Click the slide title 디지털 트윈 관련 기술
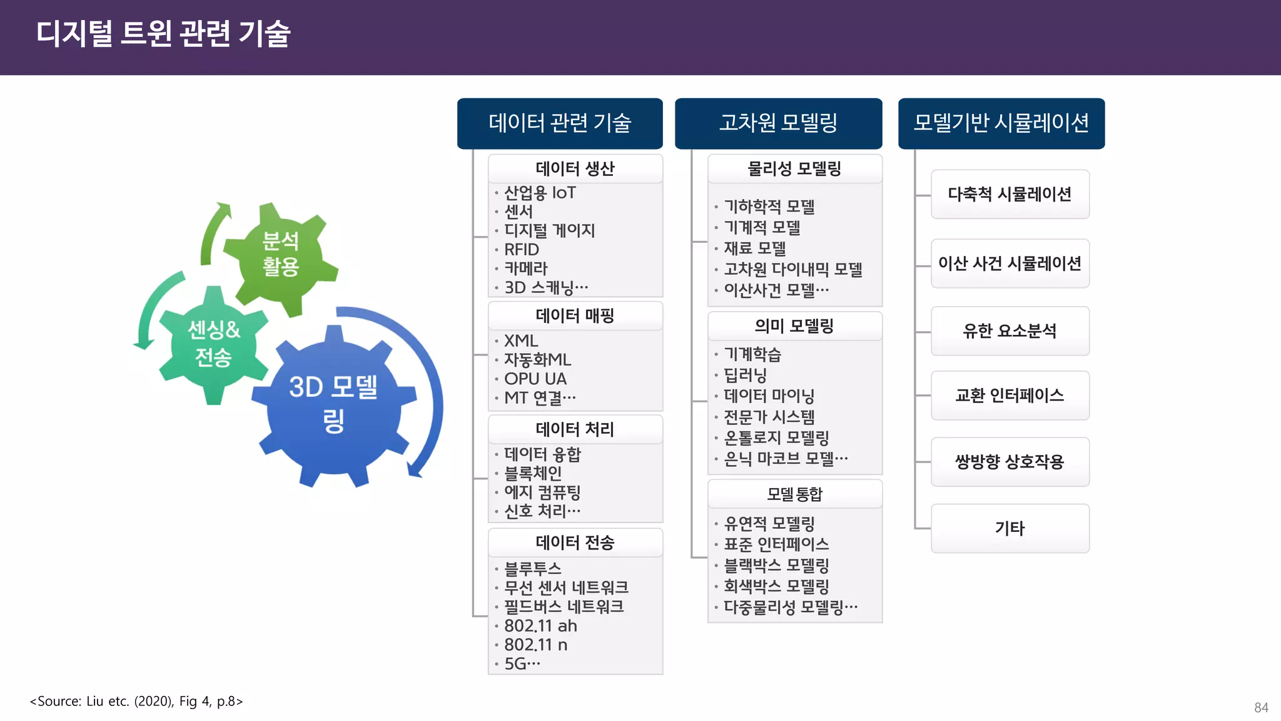coord(163,34)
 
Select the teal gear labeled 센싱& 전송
coord(214,343)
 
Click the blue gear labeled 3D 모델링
coord(333,404)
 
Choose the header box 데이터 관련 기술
coord(560,123)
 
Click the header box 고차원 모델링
coord(778,123)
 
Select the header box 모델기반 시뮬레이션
coord(1001,123)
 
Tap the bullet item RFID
coord(522,250)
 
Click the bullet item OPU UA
coord(535,379)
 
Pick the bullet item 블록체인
coord(533,473)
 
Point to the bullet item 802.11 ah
coord(540,626)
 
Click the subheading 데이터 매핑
coord(575,315)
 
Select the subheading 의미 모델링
coord(794,326)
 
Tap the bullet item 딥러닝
coord(745,375)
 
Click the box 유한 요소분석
coord(1010,331)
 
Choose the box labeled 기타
coord(1010,528)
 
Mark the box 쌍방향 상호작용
coord(1010,462)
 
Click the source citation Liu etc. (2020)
coord(136,701)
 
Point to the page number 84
coord(1261,708)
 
